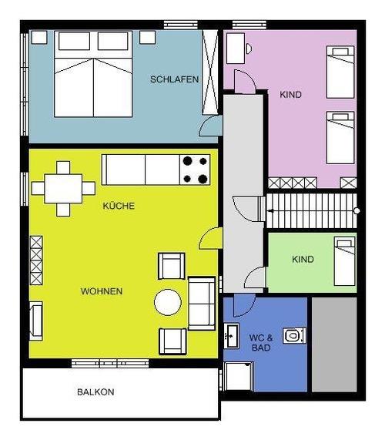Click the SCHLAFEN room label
[175, 79]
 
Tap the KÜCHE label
[119, 206]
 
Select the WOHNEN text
[102, 291]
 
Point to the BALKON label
[95, 392]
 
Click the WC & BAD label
[261, 343]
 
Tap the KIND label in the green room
[303, 259]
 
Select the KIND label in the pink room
[291, 95]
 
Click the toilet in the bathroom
[294, 335]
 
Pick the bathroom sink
[231, 336]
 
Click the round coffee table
[168, 302]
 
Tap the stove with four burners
[195, 170]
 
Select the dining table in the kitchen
[63, 189]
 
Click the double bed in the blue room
[93, 74]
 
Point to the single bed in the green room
[344, 261]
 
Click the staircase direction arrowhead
[270, 210]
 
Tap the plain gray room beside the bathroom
[334, 344]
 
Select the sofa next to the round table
[202, 303]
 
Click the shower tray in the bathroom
[239, 376]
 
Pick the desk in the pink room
[236, 49]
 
